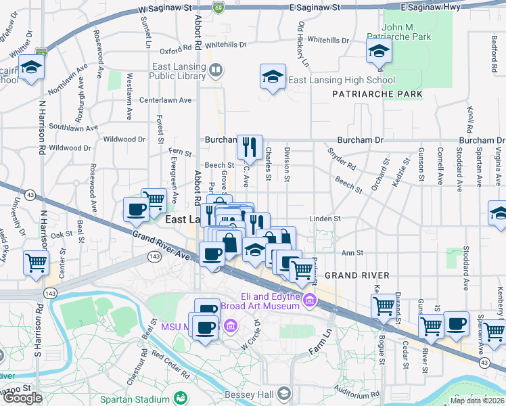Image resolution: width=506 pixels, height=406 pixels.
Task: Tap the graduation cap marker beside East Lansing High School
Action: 273,77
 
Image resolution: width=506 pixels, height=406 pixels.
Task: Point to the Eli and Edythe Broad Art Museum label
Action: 271,301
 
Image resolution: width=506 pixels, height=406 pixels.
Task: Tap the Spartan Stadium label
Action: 135,399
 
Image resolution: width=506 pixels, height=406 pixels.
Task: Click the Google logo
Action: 22,397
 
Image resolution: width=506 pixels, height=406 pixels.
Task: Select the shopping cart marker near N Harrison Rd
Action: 37,263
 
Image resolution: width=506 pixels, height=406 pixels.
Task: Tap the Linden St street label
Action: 325,219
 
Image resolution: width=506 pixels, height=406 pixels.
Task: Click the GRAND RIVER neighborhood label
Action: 356,275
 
